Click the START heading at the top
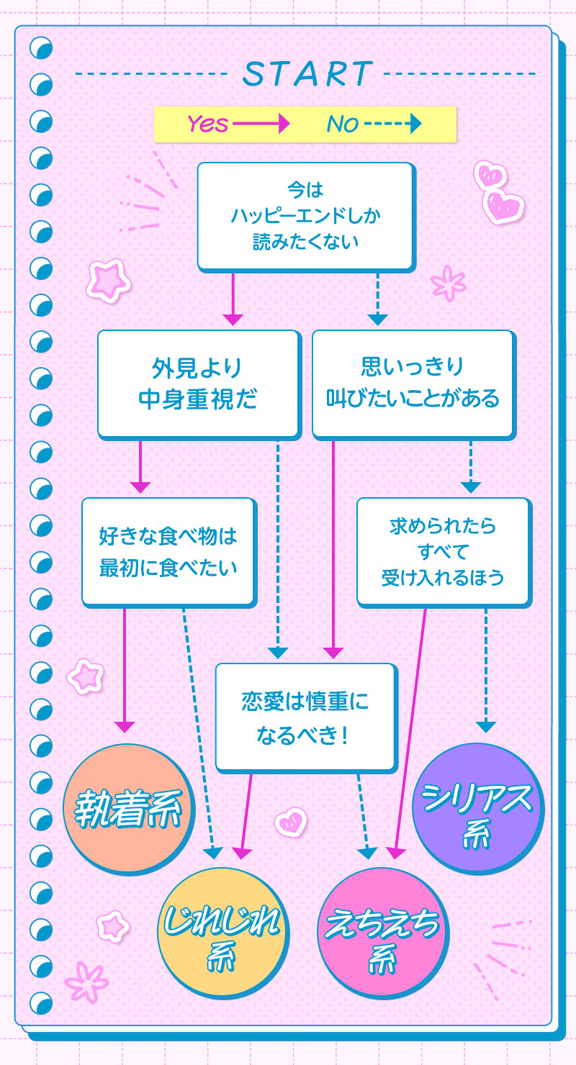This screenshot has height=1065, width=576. (307, 73)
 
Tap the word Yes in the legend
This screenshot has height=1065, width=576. (207, 124)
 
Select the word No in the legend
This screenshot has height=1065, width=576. (342, 124)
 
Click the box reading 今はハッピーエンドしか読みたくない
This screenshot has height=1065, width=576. (305, 216)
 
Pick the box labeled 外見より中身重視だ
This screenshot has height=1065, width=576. (197, 383)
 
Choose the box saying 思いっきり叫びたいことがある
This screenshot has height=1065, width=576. (413, 383)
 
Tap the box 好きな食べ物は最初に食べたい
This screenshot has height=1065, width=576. (168, 551)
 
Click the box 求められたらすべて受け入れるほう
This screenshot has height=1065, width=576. (443, 551)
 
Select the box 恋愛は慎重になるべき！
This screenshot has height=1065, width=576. (305, 716)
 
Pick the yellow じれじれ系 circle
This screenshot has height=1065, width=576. (222, 932)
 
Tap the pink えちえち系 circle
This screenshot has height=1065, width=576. (382, 932)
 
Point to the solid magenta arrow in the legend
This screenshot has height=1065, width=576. (260, 124)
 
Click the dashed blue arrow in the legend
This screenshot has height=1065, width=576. (392, 124)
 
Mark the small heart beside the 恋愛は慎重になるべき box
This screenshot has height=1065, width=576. (291, 822)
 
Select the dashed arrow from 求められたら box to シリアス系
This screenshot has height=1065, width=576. (486, 669)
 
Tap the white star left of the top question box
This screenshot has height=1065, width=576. (107, 279)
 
